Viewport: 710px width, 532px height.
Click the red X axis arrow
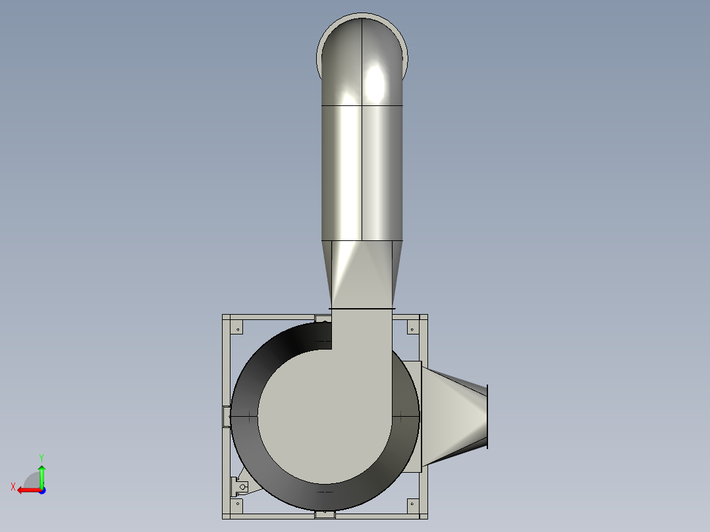[26, 490]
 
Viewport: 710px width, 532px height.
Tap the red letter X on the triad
[13, 487]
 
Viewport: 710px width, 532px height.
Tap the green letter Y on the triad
[41, 457]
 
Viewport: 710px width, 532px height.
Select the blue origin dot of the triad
[41, 490]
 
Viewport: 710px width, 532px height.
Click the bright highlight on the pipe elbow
[375, 82]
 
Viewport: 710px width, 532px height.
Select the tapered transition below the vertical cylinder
[362, 273]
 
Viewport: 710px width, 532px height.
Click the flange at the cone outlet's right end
[487, 417]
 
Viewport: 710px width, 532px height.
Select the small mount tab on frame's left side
[227, 416]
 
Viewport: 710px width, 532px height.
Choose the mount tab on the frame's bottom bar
[325, 514]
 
